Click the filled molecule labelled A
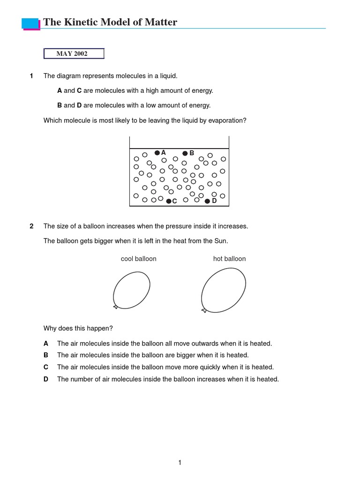[157, 153]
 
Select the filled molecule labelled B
[185, 153]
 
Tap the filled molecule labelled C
[169, 201]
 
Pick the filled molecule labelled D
[207, 201]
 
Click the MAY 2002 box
[74, 54]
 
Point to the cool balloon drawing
[131, 290]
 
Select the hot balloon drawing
[224, 290]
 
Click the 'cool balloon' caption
[138, 259]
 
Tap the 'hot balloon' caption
[229, 259]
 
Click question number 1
[31, 76]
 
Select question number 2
[31, 226]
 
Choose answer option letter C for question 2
[46, 367]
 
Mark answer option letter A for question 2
[46, 344]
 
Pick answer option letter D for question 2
[46, 379]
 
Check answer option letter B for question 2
[46, 355]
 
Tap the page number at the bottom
[180, 463]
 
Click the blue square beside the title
[30, 23]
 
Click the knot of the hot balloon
[204, 310]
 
